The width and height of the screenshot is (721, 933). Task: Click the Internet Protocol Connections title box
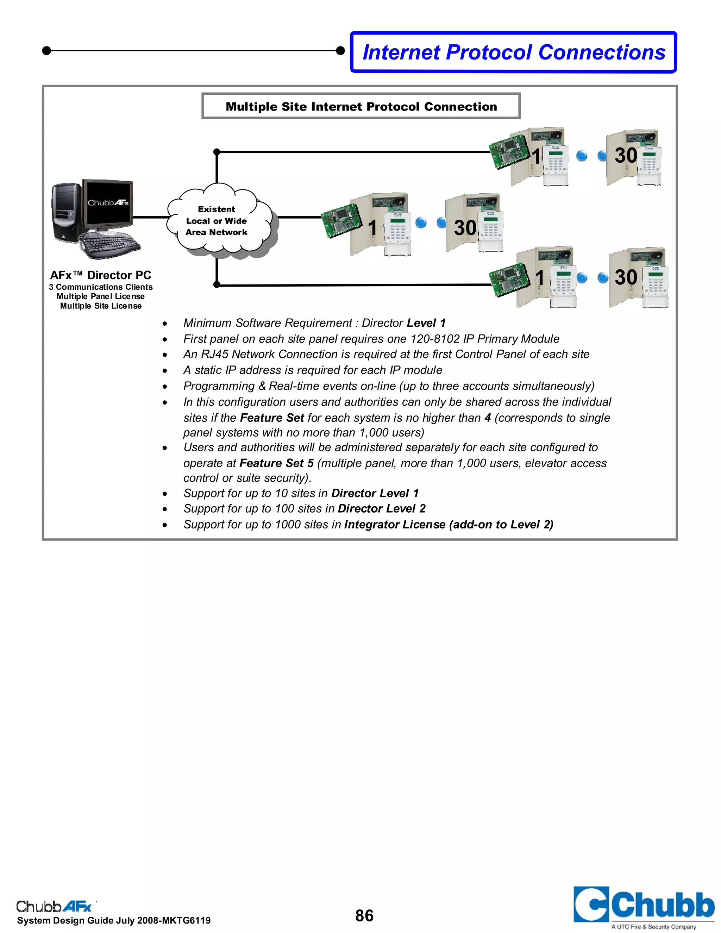[513, 52]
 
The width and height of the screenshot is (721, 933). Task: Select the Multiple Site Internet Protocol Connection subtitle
[361, 106]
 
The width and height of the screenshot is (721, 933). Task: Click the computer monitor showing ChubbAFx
[108, 203]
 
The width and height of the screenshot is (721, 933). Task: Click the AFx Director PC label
[100, 275]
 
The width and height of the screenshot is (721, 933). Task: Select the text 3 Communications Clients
[100, 287]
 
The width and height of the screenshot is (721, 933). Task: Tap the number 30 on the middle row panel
[465, 228]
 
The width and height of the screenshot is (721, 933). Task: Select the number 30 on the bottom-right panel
[625, 277]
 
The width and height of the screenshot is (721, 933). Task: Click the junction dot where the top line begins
[217, 152]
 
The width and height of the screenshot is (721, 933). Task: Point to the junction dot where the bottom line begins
[217, 284]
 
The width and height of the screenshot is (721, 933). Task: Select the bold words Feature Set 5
[276, 463]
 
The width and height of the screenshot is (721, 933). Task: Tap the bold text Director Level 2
[381, 508]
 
